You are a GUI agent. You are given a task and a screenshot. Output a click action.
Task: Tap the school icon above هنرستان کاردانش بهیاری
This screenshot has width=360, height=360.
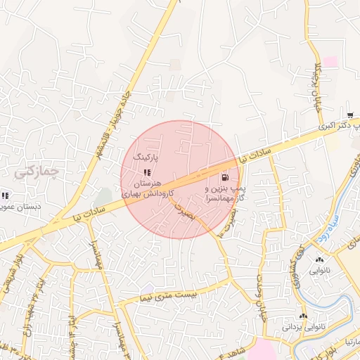pos(146,172)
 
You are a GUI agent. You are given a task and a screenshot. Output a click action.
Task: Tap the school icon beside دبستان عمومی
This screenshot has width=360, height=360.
pos(5,196)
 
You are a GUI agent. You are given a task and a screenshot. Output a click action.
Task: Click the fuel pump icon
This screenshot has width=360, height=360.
pos(224,178)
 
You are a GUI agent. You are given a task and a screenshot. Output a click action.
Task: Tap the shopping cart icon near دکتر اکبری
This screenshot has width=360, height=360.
pos(350,115)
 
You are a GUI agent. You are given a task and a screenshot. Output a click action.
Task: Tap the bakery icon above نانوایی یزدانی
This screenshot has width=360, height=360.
pos(304,316)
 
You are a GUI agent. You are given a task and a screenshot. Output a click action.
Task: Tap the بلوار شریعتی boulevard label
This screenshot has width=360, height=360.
pos(12,268)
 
